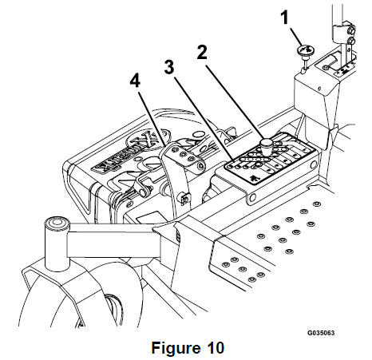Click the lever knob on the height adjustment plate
click(x=266, y=144)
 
